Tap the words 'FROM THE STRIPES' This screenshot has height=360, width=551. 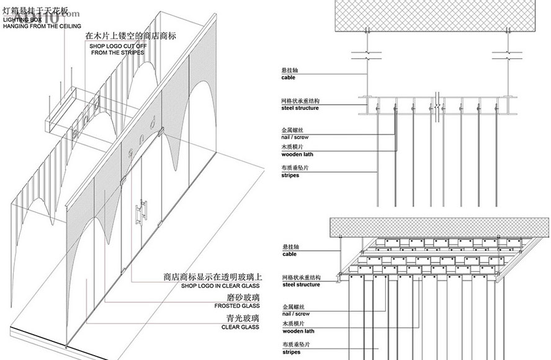point(117,53)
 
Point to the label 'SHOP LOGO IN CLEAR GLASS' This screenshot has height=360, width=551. point(220,286)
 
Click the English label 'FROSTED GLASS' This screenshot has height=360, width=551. point(237,306)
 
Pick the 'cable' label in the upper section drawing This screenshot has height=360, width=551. point(289,78)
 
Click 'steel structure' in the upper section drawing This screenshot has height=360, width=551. point(300,109)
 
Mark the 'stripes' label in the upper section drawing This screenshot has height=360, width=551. point(290,176)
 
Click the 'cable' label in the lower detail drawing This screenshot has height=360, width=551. point(289,254)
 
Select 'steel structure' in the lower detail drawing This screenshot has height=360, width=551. point(300,284)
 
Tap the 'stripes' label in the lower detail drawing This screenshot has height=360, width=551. point(290,352)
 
